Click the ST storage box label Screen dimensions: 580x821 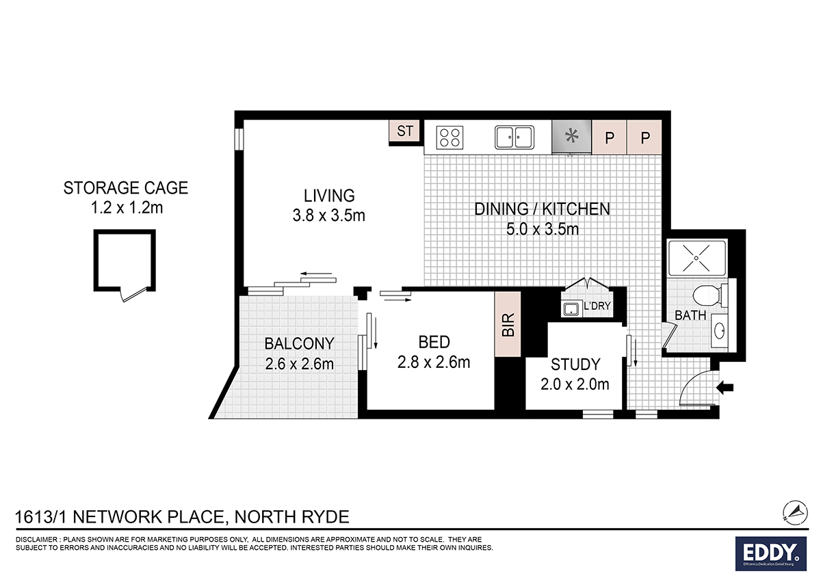coord(405,131)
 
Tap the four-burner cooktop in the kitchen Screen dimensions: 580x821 coord(449,137)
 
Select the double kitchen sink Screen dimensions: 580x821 coord(514,137)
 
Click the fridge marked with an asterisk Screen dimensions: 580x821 coord(571,137)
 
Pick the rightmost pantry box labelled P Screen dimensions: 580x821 coord(644,137)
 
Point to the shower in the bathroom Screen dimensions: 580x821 coord(695,259)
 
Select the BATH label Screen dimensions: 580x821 coord(690,315)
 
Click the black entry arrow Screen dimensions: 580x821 coord(724,388)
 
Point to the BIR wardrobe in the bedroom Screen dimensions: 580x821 coord(508,324)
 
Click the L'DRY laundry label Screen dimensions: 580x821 coord(597,306)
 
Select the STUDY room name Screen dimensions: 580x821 coord(575,365)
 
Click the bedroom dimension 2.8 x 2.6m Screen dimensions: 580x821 coord(434,362)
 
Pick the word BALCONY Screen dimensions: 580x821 coord(299,343)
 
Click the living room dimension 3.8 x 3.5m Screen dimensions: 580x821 coord(330,215)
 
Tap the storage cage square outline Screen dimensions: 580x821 coord(124,260)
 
